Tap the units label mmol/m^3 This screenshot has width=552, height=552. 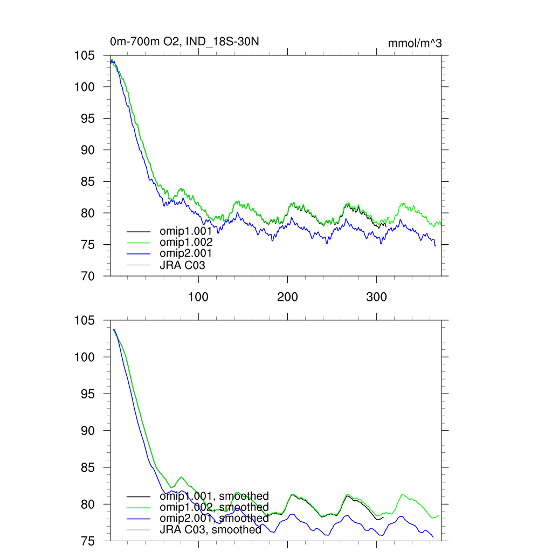point(415,44)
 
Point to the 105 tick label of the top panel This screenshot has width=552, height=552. point(84,56)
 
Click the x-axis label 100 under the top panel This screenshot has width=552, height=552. point(199,296)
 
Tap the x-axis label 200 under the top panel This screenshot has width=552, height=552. point(287,296)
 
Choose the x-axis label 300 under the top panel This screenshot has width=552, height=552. point(376,296)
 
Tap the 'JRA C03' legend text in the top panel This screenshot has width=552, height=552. point(182,265)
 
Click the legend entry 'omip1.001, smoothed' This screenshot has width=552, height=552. point(213,496)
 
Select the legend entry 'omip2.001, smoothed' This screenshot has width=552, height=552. point(213,519)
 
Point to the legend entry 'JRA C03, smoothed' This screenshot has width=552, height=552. point(210,530)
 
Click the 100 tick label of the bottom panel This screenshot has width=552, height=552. point(84,357)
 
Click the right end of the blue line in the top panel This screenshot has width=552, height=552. point(436,246)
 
